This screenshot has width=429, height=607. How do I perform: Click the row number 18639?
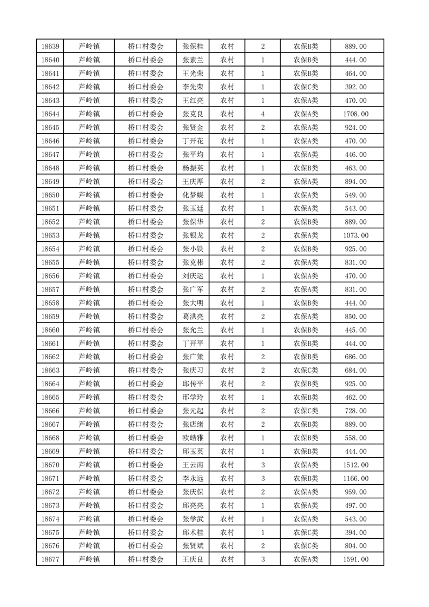click(x=50, y=47)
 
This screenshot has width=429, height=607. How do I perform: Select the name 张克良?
click(x=193, y=114)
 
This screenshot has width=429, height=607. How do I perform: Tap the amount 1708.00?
click(x=355, y=114)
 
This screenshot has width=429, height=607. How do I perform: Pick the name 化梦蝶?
click(x=193, y=195)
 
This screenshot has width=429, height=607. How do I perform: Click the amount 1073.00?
click(x=355, y=235)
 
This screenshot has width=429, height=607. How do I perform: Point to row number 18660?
click(x=50, y=330)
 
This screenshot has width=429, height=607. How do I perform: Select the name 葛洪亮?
click(x=193, y=316)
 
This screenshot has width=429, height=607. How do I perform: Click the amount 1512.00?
click(x=355, y=465)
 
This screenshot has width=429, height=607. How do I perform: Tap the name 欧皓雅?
click(x=193, y=438)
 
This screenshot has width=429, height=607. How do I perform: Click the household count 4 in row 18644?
click(x=262, y=114)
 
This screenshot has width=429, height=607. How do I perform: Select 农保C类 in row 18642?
click(x=306, y=87)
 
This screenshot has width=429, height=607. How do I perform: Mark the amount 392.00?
click(x=355, y=87)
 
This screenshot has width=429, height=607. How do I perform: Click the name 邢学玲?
click(x=193, y=397)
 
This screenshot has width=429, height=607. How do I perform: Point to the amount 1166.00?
click(x=355, y=478)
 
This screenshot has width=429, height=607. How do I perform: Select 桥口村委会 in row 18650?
click(x=145, y=195)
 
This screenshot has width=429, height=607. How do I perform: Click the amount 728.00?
click(x=355, y=411)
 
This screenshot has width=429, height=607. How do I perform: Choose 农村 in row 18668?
click(x=227, y=438)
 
